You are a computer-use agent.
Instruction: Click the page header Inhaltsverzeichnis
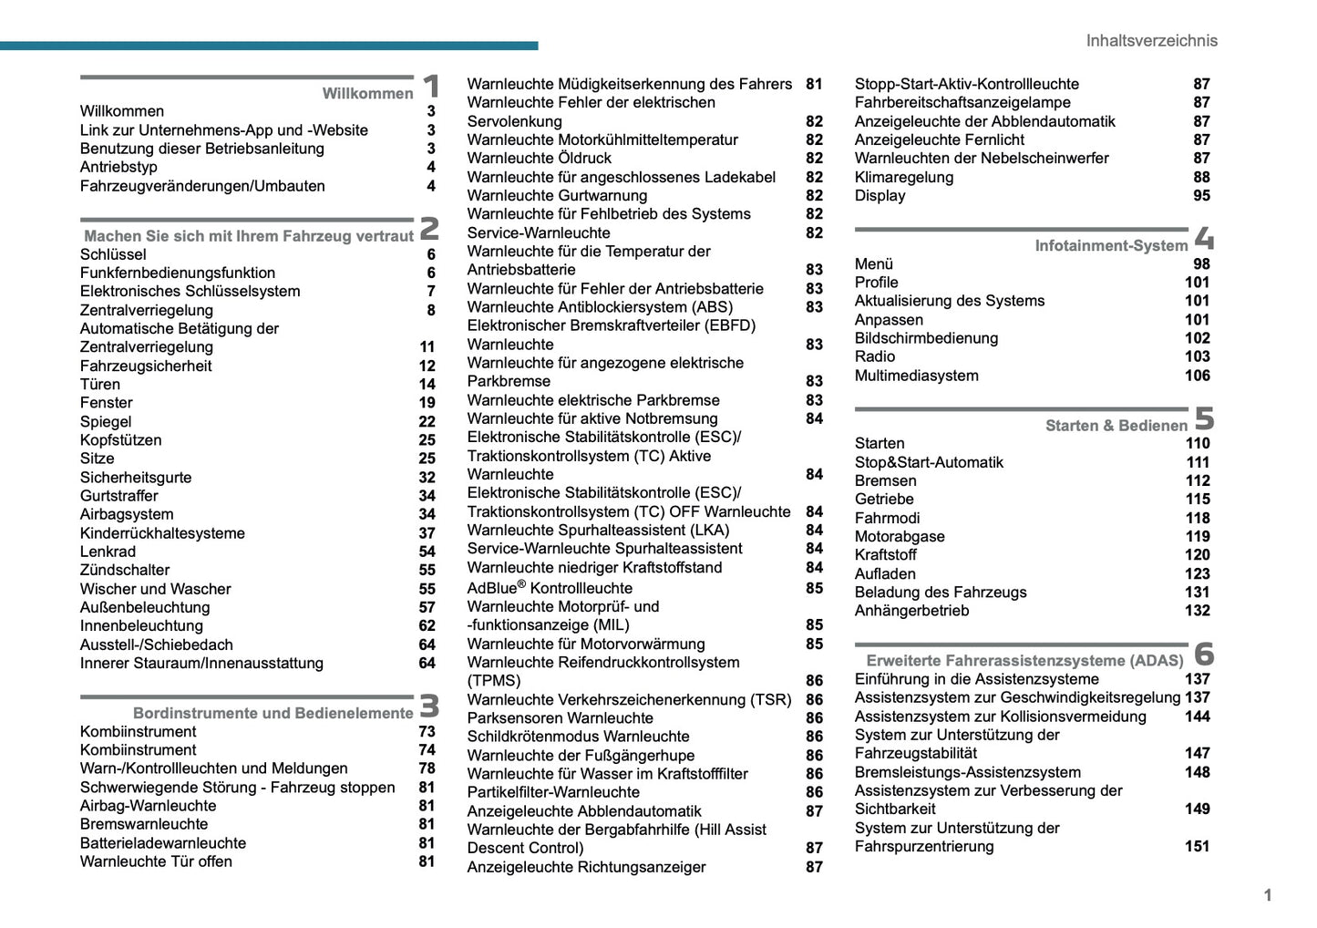1151,41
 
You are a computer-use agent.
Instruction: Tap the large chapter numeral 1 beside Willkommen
431,87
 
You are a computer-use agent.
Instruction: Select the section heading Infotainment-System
1111,245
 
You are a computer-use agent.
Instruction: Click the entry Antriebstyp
118,167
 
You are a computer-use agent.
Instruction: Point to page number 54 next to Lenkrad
427,552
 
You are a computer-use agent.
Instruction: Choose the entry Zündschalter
125,570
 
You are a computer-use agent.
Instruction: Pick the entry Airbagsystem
127,514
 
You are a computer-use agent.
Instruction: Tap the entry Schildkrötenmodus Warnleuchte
578,737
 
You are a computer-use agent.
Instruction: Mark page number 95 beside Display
1201,195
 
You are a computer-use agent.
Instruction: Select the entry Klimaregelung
903,177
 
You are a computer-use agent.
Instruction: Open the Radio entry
874,356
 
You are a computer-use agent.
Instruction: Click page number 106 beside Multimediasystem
1197,376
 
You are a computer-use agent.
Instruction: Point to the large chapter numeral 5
1204,418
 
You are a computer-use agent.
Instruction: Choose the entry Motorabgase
899,536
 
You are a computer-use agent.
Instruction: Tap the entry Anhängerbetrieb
911,611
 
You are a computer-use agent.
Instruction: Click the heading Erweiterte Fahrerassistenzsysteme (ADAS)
1024,660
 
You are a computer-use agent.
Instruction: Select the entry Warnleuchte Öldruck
539,158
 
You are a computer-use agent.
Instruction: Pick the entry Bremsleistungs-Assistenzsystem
967,772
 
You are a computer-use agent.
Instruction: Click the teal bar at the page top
269,46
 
